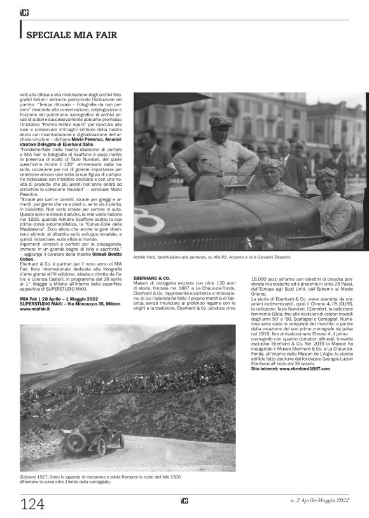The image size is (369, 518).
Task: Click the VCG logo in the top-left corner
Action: coord(25,12)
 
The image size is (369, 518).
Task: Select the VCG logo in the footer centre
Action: coord(184,500)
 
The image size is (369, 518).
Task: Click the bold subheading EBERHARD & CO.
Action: coord(151,278)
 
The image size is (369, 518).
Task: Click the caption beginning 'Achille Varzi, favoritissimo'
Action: coord(212,256)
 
